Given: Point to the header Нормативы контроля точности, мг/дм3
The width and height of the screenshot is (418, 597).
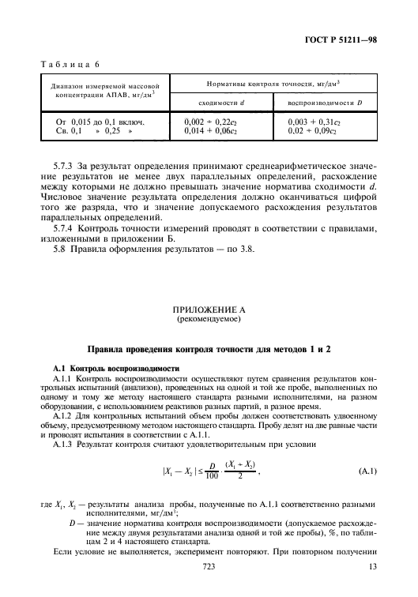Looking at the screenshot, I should pyautogui.click(x=265, y=83).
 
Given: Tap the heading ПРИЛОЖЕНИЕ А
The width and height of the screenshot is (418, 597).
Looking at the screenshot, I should pyautogui.click(x=209, y=288).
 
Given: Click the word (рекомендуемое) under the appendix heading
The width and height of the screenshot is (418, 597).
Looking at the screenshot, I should pyautogui.click(x=209, y=298).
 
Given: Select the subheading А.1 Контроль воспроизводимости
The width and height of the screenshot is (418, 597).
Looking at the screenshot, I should pyautogui.click(x=115, y=347).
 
